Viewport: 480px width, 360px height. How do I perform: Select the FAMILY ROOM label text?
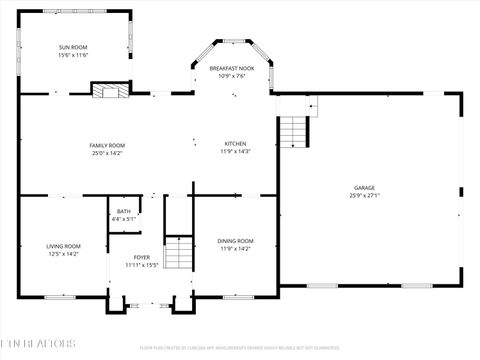tap(107, 145)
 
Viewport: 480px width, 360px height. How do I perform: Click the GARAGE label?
tap(364, 188)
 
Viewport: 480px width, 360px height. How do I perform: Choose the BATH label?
tap(123, 211)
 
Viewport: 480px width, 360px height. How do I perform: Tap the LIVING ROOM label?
tap(63, 246)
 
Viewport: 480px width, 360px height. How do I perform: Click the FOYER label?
tap(142, 258)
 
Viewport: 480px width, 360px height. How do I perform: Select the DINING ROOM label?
tap(236, 241)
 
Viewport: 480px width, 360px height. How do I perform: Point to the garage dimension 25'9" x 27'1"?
tap(364, 196)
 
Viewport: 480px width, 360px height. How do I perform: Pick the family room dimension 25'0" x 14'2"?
tap(107, 153)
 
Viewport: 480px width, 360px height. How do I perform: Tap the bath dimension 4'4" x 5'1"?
tap(123, 218)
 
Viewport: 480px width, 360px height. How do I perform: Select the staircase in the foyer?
tap(177, 252)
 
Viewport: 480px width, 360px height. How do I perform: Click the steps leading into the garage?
tap(293, 130)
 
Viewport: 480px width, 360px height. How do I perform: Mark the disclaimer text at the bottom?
tap(240, 348)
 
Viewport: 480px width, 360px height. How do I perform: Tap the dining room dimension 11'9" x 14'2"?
tap(236, 249)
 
